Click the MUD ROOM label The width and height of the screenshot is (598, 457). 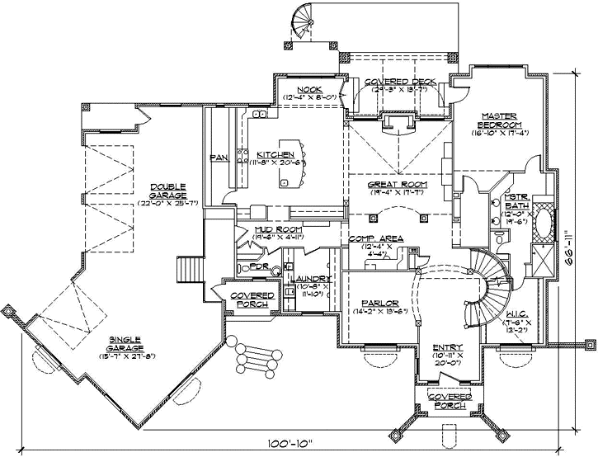coord(277,230)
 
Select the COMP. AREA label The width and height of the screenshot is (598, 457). coord(375,239)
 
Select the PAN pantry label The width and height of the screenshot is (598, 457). coord(219,157)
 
